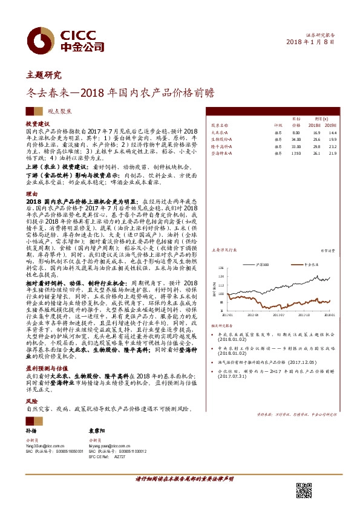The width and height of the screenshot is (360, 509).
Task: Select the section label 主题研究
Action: pyautogui.click(x=44, y=76)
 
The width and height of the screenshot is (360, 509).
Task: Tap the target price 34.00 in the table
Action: pyautogui.click(x=296, y=139)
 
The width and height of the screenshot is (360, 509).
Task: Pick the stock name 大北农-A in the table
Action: pyautogui.click(x=219, y=132)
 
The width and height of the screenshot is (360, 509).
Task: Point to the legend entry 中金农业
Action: pyautogui.click(x=311, y=265)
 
